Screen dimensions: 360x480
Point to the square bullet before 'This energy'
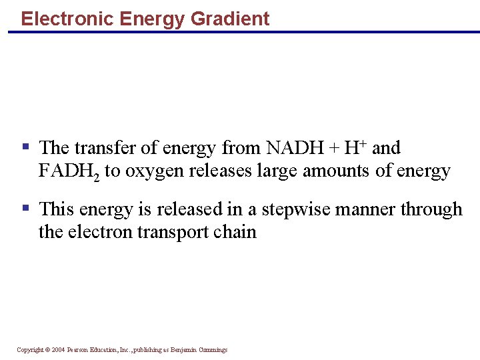click(x=25, y=208)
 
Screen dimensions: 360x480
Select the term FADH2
click(x=69, y=171)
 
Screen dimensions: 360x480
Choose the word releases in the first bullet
click(x=217, y=171)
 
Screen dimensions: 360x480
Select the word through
click(x=431, y=209)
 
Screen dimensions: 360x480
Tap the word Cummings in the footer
click(x=212, y=350)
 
